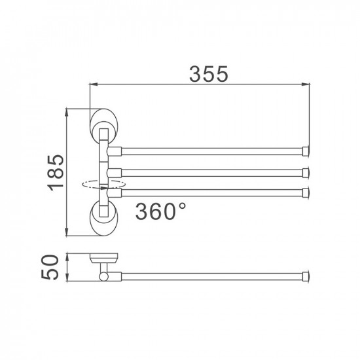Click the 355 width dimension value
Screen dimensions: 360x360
[208, 75]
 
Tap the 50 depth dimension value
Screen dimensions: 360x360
[55, 267]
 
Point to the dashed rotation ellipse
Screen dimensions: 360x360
[98, 185]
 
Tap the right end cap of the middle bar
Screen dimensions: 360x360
[306, 173]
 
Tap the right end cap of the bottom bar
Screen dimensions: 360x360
[306, 192]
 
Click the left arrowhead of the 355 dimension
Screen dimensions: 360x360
[92, 84]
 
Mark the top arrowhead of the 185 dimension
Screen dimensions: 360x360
[67, 113]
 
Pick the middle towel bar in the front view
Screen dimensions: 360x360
[209, 173]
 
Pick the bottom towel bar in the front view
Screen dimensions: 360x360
[209, 192]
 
